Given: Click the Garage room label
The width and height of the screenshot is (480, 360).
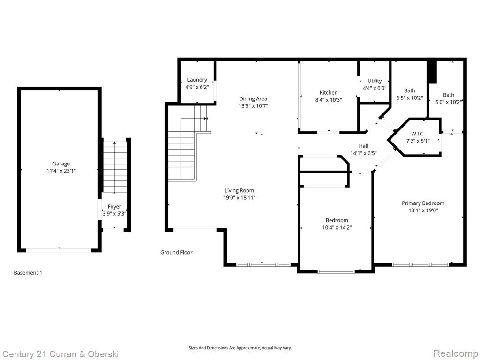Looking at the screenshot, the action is (61, 164).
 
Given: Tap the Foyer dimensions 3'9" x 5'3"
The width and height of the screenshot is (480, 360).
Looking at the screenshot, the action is (114, 214).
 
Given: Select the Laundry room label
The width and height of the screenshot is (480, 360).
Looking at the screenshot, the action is (197, 80).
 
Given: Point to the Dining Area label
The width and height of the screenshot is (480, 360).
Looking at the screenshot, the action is (253, 98).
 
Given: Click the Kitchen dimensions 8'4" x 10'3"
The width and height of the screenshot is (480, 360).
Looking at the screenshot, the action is (329, 100).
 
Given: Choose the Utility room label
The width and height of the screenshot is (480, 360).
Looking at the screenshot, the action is (375, 81).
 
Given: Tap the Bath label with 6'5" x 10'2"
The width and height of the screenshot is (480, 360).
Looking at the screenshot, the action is (410, 90).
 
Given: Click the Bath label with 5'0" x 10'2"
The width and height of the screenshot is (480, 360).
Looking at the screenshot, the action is (449, 95).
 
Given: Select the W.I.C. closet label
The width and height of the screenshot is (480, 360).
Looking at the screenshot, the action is (418, 134).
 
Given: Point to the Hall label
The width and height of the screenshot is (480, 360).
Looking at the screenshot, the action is (363, 146).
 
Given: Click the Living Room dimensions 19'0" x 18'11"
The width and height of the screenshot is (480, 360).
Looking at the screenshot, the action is (240, 198).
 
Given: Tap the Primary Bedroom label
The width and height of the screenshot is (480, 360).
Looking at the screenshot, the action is (423, 203).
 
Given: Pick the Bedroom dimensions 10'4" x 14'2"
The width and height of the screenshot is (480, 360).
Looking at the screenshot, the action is (337, 227).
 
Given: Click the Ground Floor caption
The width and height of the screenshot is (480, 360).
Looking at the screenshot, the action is (176, 252).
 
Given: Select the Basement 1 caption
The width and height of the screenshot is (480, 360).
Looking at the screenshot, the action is (28, 273).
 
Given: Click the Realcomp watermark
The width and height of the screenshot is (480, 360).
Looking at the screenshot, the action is (456, 353).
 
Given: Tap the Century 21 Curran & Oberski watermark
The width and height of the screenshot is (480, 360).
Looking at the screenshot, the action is (60, 354).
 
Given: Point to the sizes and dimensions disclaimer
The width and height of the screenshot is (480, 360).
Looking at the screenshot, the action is (240, 348).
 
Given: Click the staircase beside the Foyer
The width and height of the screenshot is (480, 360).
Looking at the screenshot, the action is (115, 167).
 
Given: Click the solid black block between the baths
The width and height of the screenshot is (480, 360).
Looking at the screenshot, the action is (432, 72).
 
